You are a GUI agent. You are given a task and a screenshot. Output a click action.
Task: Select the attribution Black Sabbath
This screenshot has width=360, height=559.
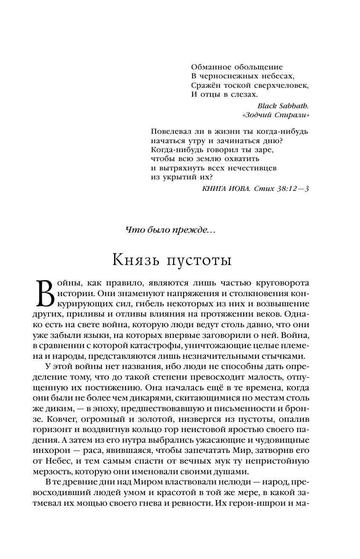(x=283, y=106)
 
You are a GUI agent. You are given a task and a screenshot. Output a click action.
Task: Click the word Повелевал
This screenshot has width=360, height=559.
(x=171, y=131)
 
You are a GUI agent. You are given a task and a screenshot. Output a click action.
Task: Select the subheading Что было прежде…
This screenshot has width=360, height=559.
(x=171, y=230)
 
